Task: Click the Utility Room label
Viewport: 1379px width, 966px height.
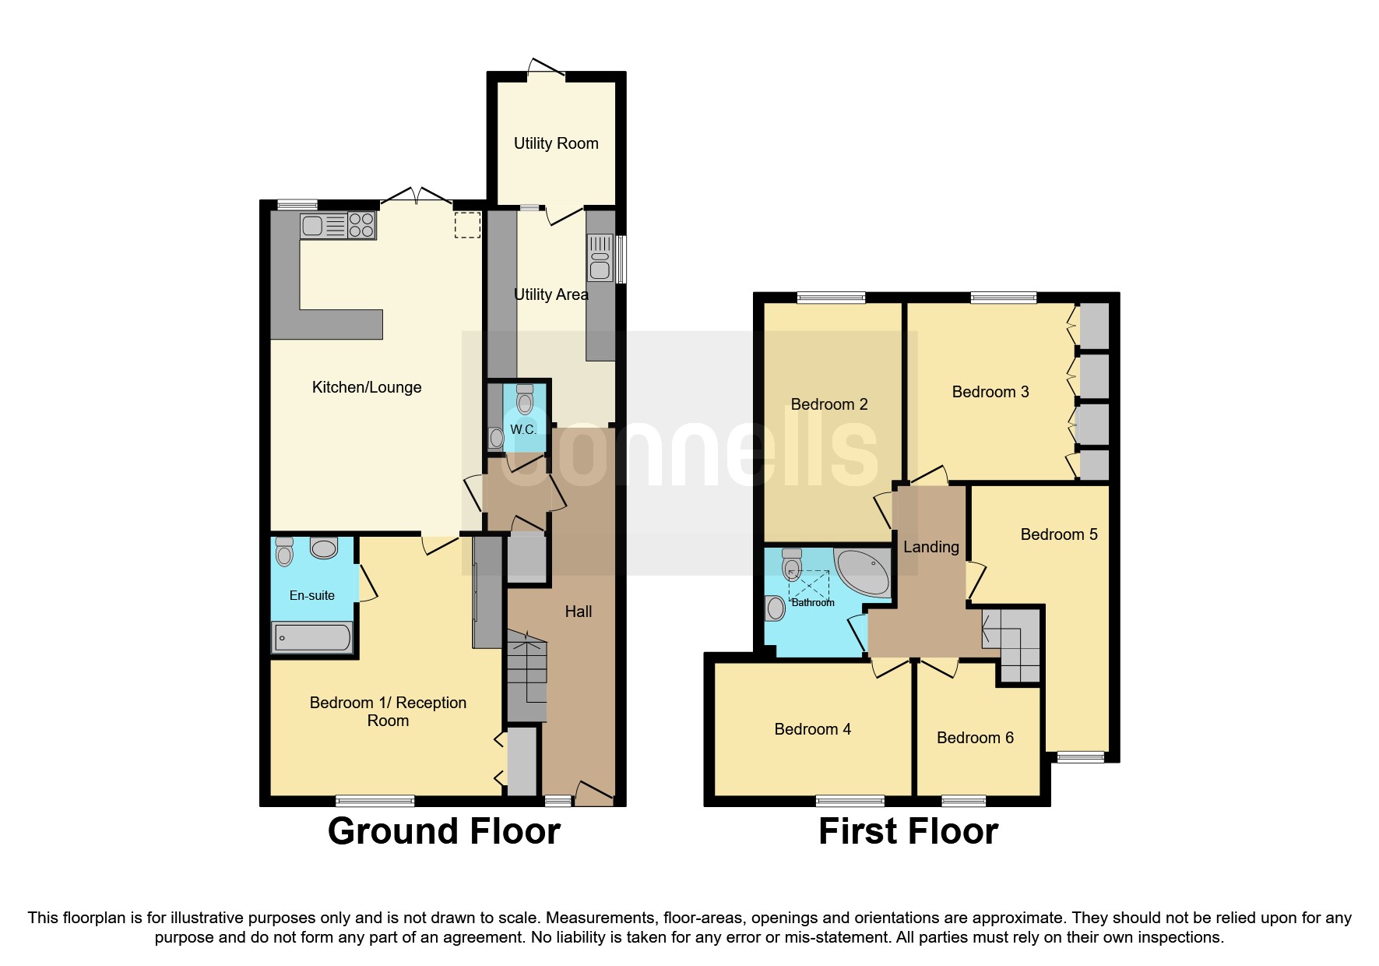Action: [x=556, y=143]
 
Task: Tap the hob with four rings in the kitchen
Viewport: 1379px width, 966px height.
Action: [x=361, y=226]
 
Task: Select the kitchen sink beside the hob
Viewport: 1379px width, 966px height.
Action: [x=313, y=226]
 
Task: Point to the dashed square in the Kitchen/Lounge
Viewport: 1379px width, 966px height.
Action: [x=467, y=224]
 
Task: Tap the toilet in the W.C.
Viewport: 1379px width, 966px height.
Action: [x=525, y=400]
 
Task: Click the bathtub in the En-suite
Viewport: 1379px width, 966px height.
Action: [x=311, y=638]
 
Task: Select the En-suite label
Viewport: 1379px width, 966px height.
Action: [x=311, y=595]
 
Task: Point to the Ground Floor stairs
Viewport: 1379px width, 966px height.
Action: [x=526, y=674]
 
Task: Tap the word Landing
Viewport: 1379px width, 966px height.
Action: [x=930, y=547]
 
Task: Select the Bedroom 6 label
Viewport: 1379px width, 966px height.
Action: [x=975, y=738]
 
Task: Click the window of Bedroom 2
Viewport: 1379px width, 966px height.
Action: [x=831, y=297]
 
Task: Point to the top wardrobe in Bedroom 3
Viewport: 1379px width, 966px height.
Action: [x=1095, y=326]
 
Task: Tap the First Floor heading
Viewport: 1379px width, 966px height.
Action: [x=908, y=831]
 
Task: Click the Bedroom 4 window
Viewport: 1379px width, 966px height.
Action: [x=850, y=800]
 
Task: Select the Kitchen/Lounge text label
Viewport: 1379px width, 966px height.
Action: [x=367, y=387]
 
